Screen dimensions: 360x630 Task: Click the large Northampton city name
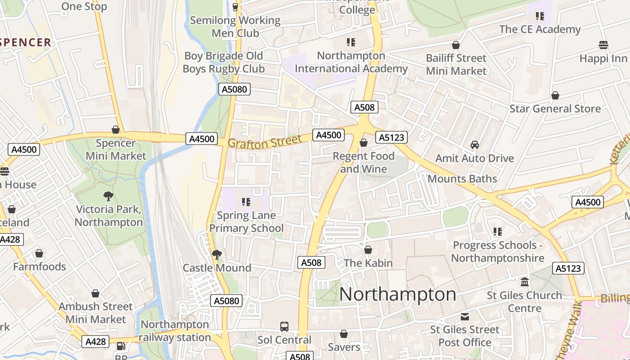[x=398, y=294]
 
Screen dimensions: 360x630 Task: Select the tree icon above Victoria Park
[x=108, y=196]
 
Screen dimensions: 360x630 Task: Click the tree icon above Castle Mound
[x=217, y=255]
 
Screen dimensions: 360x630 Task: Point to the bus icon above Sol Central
[x=284, y=327]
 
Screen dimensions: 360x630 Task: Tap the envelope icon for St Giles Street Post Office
[x=464, y=317]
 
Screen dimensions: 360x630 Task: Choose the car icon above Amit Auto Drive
[x=474, y=145]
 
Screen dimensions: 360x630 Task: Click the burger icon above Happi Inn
[x=603, y=45]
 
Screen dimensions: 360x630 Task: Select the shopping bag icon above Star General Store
[x=555, y=95]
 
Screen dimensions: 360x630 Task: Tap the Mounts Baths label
[x=462, y=179]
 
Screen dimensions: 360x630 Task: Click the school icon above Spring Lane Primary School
[x=246, y=202]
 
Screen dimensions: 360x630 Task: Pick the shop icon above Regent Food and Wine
[x=364, y=143]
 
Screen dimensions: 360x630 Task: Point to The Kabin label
[x=368, y=263]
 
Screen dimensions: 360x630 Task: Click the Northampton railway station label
[x=175, y=331]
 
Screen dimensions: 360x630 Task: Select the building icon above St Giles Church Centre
[x=525, y=282]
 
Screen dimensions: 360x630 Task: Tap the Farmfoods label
[x=40, y=266]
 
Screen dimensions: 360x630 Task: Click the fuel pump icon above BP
[x=121, y=346]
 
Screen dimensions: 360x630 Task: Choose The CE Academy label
[x=540, y=29]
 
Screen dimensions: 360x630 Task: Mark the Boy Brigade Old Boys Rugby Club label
[x=224, y=63]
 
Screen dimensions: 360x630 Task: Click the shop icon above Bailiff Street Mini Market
[x=456, y=45]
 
